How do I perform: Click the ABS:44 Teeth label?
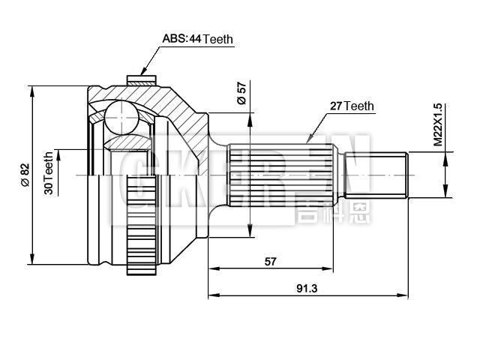(198, 39)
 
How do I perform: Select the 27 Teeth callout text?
(352, 106)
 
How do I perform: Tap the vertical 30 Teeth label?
(49, 173)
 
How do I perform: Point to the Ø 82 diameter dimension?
(24, 173)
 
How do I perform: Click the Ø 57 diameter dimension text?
(241, 91)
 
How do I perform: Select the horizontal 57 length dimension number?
(270, 262)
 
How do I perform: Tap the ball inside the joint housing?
(119, 118)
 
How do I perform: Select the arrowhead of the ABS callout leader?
(144, 72)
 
